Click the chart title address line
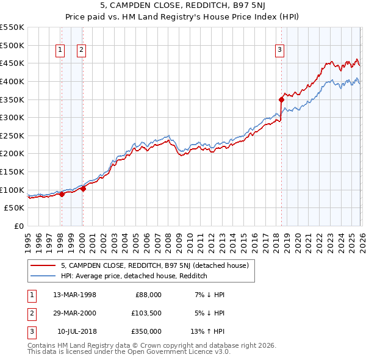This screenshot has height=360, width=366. (x=183, y=5)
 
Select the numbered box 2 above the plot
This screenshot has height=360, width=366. (x=82, y=51)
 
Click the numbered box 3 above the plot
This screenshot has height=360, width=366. (x=280, y=51)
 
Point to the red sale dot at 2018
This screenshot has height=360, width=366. (x=281, y=99)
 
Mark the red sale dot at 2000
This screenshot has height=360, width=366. (x=83, y=189)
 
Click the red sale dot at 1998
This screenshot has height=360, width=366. (x=62, y=194)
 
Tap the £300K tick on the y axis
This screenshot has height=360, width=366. (x=12, y=117)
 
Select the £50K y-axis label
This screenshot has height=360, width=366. (x=15, y=207)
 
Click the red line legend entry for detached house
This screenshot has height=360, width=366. (x=154, y=265)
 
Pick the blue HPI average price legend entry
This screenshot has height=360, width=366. (x=134, y=276)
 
